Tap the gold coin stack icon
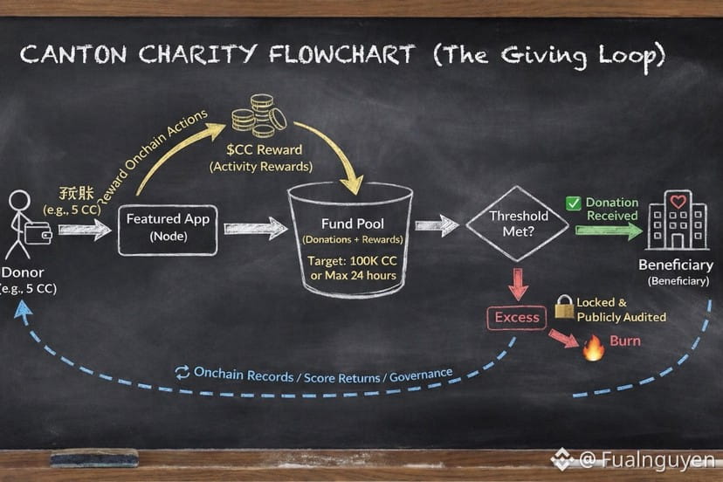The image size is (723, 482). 258,117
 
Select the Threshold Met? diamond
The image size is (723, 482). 519,224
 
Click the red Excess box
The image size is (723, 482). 517,317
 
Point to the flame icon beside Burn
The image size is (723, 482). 594,348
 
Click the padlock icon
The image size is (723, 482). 564,306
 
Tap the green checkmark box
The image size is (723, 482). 573,203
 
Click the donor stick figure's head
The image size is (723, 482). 19,201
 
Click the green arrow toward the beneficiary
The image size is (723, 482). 609,230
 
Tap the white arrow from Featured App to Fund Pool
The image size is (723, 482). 255,229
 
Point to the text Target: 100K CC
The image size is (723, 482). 352,260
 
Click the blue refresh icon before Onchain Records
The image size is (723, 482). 182,373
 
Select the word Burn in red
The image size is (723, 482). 625,341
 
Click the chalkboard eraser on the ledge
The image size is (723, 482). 94,458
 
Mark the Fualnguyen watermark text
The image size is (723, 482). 646,459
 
